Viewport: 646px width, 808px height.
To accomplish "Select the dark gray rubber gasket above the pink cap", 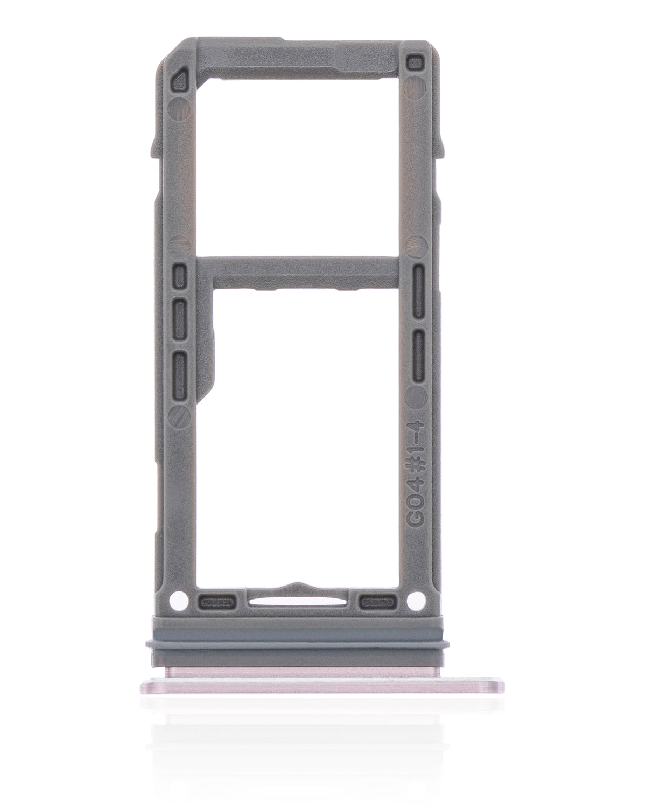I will [296, 642].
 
